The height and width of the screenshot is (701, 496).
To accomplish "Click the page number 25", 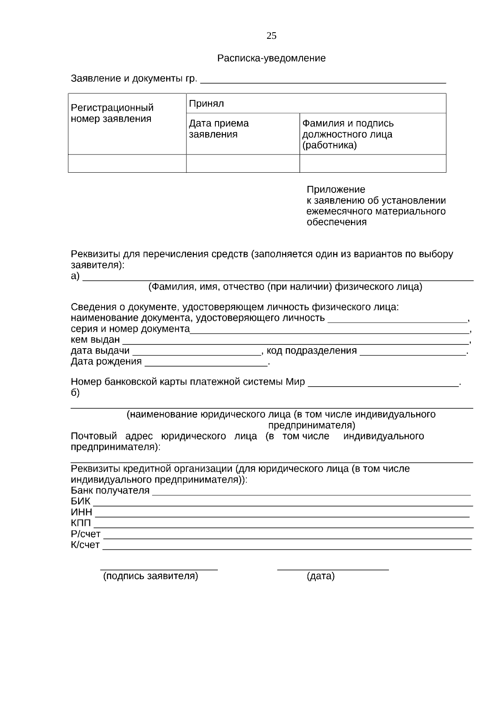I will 271,36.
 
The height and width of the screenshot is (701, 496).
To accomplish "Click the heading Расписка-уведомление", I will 271,58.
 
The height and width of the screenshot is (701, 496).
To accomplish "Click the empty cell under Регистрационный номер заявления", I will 127,164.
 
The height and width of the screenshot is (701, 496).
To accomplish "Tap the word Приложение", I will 336,190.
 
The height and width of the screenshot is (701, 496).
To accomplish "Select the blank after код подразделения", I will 413,352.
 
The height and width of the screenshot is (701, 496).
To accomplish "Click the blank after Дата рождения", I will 206,363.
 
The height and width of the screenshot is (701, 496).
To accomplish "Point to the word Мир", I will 295,382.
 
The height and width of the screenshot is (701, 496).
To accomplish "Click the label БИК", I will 80,501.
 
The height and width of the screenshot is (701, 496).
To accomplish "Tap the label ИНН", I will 81,512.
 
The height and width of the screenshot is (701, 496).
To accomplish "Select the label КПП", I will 81,523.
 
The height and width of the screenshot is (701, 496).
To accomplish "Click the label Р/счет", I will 86,534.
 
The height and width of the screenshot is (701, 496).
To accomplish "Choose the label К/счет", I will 85,545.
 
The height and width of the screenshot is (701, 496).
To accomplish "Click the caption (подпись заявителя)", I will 150,576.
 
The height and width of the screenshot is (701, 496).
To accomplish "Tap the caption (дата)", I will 320,576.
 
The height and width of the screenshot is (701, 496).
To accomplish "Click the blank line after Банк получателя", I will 311,492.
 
